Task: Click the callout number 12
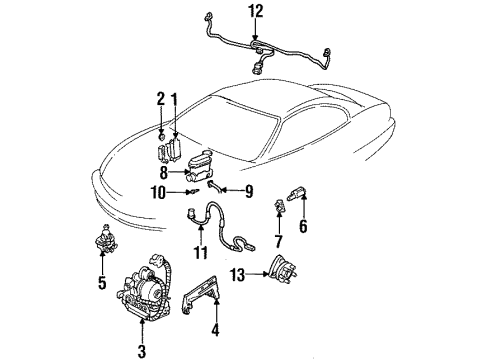256,11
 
